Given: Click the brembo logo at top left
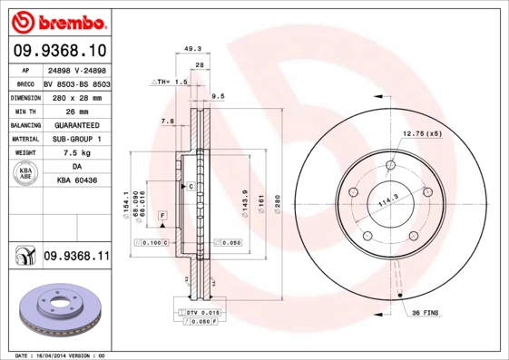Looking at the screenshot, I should pos(59,20).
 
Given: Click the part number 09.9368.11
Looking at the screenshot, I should pos(76,257).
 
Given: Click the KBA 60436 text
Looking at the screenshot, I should pos(76,182).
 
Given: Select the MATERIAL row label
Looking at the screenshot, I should pos(24,139).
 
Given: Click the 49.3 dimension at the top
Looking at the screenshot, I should pos(192,50).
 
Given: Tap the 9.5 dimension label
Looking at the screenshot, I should pos(218,94).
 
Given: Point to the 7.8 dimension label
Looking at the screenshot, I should pos(167,121).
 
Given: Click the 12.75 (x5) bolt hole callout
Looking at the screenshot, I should pos(422,133).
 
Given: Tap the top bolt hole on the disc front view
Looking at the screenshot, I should pos(390,165).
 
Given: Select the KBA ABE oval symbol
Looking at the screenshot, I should pos(26,174).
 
